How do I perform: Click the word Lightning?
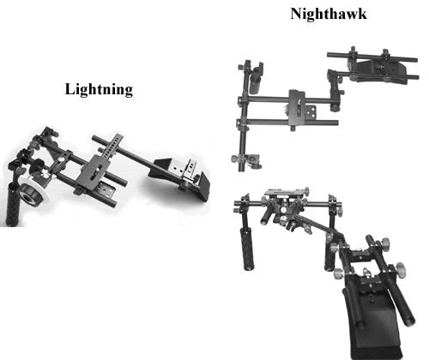pyautogui.click(x=99, y=89)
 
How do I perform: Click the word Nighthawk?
pyautogui.click(x=329, y=14)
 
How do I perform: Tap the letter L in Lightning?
pyautogui.click(x=69, y=89)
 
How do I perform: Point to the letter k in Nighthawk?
pyautogui.click(x=362, y=14)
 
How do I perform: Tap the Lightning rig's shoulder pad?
pyautogui.click(x=181, y=178)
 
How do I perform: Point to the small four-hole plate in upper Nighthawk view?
pyautogui.click(x=311, y=112)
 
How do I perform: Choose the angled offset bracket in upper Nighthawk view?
pyautogui.click(x=335, y=86)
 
